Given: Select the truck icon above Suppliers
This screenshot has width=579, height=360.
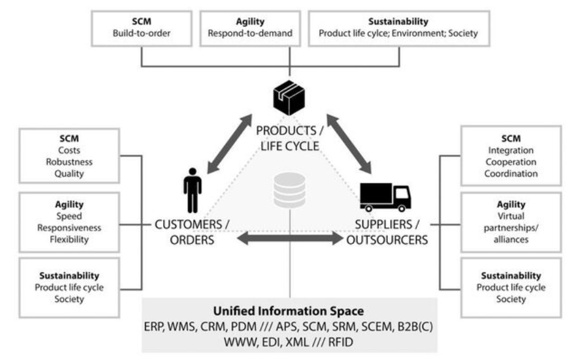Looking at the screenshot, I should coord(385,196).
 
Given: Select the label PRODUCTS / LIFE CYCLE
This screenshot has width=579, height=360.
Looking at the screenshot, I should coord(290,137).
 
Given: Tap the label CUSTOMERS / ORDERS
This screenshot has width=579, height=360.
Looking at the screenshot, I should coord(193,231).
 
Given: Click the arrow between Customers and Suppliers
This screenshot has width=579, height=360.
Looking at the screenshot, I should coord(290,239).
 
